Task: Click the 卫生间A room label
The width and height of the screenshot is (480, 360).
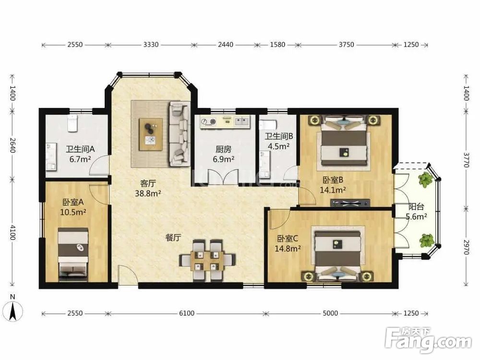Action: coord(80,149)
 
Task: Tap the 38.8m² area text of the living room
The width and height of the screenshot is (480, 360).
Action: coord(148,193)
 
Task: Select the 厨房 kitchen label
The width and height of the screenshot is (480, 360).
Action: coord(224,149)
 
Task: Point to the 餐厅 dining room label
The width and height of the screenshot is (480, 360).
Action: coord(173,238)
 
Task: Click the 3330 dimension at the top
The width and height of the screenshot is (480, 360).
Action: coord(151,45)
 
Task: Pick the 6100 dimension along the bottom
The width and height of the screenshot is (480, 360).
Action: coord(186,313)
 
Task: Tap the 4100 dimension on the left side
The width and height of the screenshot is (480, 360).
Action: coord(12,232)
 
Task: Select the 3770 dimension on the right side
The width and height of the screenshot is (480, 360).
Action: coord(466,160)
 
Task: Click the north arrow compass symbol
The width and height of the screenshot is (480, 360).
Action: coord(13,309)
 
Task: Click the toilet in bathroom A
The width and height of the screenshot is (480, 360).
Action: coord(72,123)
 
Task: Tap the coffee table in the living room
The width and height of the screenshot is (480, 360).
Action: coord(151,134)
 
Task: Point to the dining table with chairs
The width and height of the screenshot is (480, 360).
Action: coord(207,260)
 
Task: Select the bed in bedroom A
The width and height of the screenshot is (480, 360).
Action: coord(73,254)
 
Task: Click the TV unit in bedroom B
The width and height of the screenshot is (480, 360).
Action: coord(350,203)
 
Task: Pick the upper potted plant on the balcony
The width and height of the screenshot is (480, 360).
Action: coord(425,180)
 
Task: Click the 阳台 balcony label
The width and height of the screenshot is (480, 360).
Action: coord(416,206)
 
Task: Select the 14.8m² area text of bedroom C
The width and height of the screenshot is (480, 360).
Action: coord(288,248)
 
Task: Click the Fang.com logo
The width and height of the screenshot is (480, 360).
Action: coord(429,339)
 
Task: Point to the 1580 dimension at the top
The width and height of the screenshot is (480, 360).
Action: coord(277,45)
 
